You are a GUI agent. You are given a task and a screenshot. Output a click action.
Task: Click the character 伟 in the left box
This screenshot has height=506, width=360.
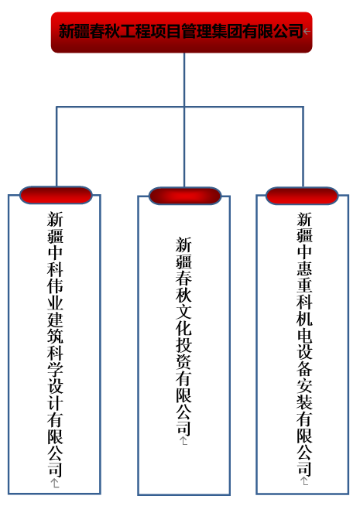click(x=55, y=285)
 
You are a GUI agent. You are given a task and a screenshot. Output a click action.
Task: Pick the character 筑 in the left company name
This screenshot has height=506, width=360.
click(x=55, y=336)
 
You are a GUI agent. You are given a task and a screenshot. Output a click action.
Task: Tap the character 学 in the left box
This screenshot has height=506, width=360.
click(x=55, y=369)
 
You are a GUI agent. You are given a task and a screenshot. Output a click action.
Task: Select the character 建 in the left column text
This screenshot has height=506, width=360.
click(x=55, y=319)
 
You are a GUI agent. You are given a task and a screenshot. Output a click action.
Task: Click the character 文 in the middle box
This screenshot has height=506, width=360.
click(x=183, y=311)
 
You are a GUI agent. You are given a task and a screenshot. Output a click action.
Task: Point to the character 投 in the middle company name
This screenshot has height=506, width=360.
click(x=183, y=344)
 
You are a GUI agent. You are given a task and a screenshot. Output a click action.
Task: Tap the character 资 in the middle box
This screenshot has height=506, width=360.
click(x=183, y=361)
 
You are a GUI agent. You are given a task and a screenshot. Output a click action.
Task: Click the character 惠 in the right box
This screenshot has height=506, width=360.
click(x=304, y=268)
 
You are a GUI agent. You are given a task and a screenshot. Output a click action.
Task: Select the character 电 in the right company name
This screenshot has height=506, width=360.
click(x=304, y=335)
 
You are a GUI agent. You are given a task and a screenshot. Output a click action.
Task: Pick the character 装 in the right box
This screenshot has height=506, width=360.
click(x=304, y=402)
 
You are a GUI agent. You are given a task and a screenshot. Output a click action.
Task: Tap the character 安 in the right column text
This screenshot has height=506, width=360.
click(x=304, y=385)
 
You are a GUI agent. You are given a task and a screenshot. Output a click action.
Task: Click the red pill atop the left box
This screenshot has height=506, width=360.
click(x=56, y=195)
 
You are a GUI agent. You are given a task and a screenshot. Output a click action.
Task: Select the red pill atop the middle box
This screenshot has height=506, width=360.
click(x=185, y=196)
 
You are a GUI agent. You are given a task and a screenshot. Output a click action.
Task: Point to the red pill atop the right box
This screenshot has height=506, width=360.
click(x=302, y=196)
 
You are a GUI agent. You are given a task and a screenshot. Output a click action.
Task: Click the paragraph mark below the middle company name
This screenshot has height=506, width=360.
click(x=183, y=441)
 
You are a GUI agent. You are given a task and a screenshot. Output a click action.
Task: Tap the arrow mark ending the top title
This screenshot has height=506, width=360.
click(x=307, y=32)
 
